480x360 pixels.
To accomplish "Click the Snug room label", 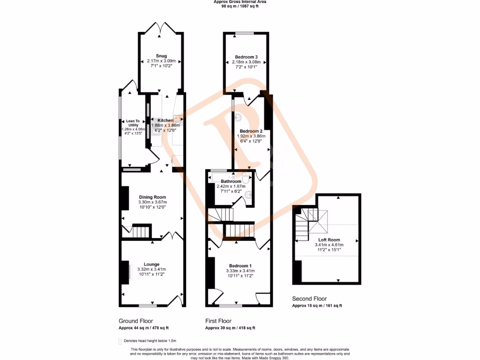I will click(161, 56).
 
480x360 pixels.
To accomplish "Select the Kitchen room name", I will click(165, 120).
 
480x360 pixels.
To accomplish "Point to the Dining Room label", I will click(152, 197).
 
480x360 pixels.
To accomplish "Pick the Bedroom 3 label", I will click(246, 57).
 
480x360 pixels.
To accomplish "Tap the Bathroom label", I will click(231, 181).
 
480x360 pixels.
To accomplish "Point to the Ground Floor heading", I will click(136, 321).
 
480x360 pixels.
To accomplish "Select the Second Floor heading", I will click(309, 299).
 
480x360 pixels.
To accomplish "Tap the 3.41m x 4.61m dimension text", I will click(329, 245).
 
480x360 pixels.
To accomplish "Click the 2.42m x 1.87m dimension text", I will click(231, 187).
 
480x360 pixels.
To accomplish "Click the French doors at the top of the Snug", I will click(161, 28).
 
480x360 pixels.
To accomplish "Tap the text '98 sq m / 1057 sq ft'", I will click(240, 7).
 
